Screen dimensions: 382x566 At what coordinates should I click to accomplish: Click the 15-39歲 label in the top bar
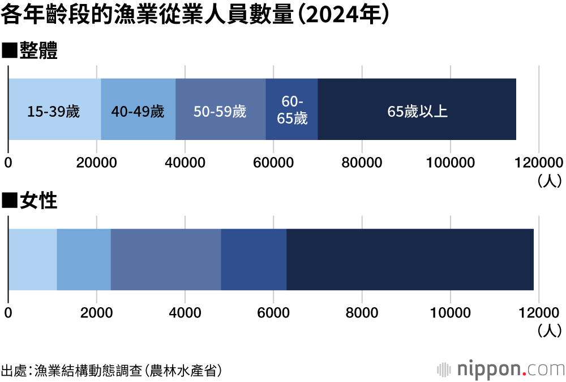click(54, 111)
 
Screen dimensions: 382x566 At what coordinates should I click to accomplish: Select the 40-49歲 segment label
click(138, 111)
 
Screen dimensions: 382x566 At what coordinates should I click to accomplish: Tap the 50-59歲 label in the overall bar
click(220, 111)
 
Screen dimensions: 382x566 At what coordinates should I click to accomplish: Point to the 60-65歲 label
click(292, 110)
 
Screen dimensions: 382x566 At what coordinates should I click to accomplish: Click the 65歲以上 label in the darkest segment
click(417, 111)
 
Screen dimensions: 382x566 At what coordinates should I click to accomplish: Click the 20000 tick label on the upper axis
click(96, 163)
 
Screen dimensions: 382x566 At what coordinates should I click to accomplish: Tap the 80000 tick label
click(362, 163)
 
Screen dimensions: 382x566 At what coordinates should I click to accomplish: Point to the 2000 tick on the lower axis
click(96, 312)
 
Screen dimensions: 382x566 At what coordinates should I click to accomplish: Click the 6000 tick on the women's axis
click(273, 312)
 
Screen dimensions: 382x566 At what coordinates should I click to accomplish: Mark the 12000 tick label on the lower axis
click(538, 312)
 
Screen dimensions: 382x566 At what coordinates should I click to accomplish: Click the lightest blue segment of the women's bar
click(32, 259)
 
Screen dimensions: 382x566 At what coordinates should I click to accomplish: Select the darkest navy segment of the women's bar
click(410, 259)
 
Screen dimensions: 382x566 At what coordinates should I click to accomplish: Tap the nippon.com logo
click(501, 369)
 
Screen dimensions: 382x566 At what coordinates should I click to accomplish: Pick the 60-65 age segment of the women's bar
click(254, 259)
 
